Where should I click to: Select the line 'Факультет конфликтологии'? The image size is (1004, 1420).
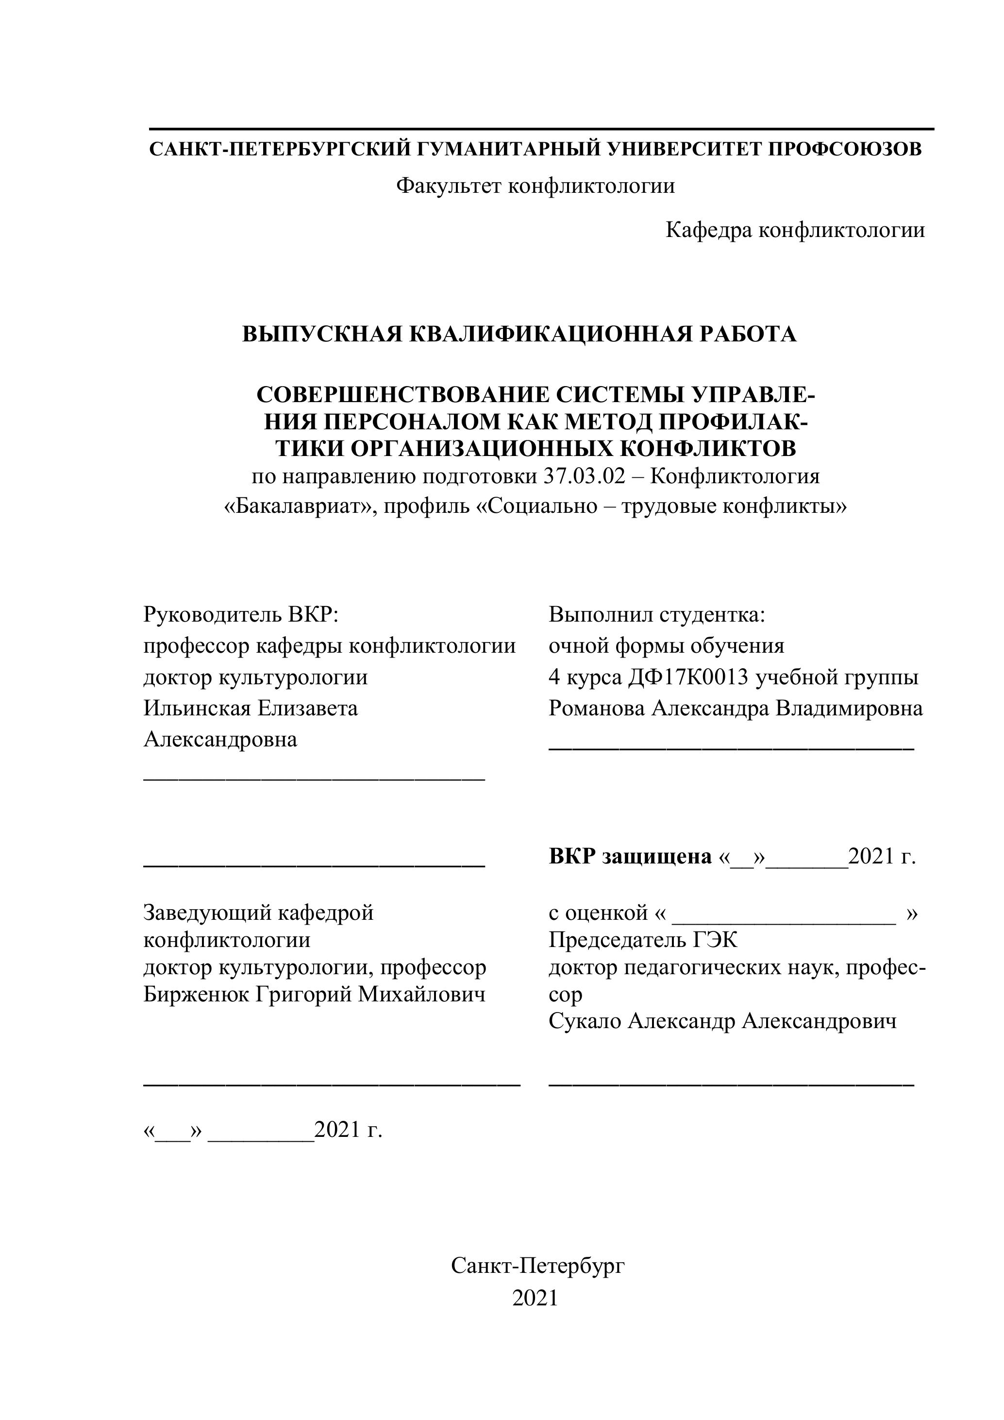point(535,185)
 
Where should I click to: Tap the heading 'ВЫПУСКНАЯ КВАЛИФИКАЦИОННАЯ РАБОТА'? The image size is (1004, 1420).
point(519,334)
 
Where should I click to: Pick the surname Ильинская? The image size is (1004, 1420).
point(197,708)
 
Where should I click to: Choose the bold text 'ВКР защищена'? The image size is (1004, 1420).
point(630,857)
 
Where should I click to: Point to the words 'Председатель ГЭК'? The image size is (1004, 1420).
point(643,940)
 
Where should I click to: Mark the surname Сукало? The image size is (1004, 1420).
point(585,1021)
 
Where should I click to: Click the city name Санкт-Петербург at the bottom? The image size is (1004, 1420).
point(538,1266)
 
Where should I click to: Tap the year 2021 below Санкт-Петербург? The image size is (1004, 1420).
point(535,1298)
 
